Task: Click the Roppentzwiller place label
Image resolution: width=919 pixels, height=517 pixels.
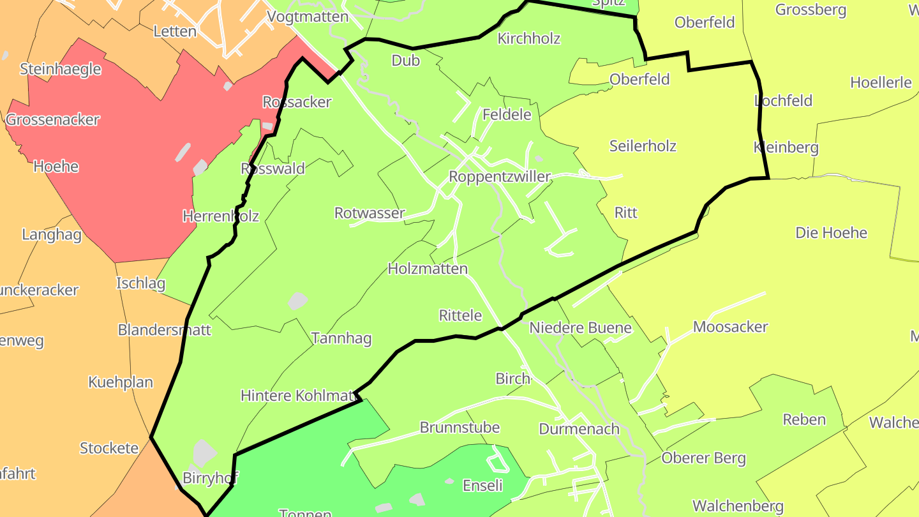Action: [500, 176]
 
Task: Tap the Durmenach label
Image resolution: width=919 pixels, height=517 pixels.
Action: [579, 428]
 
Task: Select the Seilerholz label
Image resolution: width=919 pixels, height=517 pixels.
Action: [643, 146]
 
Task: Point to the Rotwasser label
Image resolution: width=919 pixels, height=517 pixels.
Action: [370, 213]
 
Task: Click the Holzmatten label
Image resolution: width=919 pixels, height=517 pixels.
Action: [428, 269]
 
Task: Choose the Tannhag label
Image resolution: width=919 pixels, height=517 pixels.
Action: [341, 338]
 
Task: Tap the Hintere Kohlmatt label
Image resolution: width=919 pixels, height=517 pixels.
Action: [299, 396]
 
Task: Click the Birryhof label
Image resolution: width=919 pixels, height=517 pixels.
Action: [210, 478]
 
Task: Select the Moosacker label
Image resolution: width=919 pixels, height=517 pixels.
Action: [730, 327]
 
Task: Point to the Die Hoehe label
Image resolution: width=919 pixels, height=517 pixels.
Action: [831, 233]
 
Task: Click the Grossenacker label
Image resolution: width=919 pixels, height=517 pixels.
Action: [53, 120]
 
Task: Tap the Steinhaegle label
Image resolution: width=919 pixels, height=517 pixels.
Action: [61, 69]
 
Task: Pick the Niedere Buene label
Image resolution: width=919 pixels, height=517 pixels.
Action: [580, 328]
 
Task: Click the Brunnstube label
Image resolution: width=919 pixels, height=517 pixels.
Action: [459, 427]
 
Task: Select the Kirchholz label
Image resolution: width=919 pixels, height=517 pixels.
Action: [528, 38]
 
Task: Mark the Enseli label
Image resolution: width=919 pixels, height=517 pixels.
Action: [482, 486]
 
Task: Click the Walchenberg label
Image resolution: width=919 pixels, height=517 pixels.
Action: [738, 507]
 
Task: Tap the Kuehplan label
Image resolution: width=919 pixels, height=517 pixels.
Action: [121, 382]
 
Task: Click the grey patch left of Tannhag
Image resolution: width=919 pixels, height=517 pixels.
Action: [297, 301]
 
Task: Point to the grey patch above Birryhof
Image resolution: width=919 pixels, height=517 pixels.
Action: [204, 451]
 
